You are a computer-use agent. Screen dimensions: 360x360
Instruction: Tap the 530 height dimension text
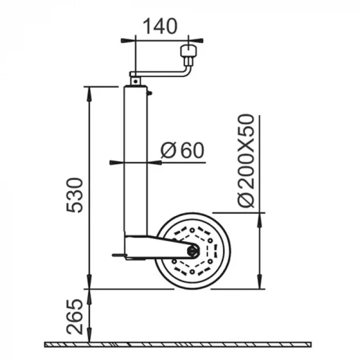(x=75, y=195)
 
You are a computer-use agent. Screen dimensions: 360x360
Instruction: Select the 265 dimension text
(x=75, y=317)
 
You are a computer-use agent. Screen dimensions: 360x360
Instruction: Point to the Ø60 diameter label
(x=182, y=150)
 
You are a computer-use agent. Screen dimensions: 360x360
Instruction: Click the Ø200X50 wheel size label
(x=247, y=161)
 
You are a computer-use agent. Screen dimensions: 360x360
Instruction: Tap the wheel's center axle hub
(x=193, y=251)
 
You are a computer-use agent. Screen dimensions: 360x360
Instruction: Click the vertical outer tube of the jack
(x=136, y=159)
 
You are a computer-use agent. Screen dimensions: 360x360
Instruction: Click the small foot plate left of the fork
(x=119, y=255)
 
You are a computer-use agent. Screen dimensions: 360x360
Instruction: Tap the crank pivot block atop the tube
(x=135, y=80)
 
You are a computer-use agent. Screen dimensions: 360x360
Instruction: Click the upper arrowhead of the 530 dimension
(x=89, y=92)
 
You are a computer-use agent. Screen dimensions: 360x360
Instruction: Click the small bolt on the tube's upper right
(x=149, y=93)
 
